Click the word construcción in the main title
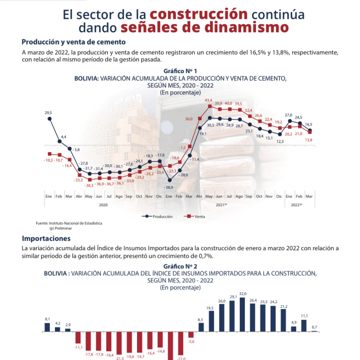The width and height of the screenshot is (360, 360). pos(199,13)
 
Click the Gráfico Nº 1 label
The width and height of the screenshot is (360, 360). pos(180,71)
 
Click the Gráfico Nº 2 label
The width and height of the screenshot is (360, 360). pos(180,266)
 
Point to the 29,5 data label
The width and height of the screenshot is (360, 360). pos(48,113)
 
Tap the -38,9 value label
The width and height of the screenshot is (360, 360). pos(169,187)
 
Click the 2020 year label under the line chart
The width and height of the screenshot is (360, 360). pos(103,204)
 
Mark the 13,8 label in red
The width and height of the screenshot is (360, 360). pos(309,140)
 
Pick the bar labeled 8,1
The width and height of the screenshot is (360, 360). pos(47,327)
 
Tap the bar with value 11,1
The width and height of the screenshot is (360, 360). pos(304,325)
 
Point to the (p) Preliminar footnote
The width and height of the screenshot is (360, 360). pos(61,228)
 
